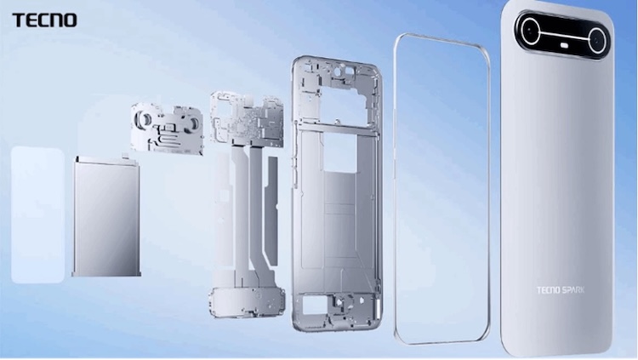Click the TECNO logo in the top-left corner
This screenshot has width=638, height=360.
click(x=44, y=19)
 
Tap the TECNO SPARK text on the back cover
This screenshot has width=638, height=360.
click(x=560, y=290)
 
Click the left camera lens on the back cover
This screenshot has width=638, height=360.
click(x=530, y=33)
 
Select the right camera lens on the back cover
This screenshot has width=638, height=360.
click(x=598, y=38)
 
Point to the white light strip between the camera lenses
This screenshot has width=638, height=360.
click(x=564, y=37)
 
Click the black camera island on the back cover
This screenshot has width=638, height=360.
click(x=563, y=36)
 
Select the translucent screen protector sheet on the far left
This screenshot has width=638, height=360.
click(x=37, y=214)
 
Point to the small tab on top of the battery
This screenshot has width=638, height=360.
click(x=124, y=156)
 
